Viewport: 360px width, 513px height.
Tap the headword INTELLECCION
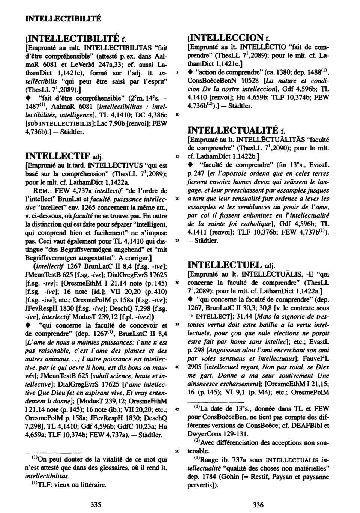tap(226, 38)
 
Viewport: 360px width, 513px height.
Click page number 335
tap(96, 505)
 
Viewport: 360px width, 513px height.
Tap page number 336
tap(258, 505)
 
